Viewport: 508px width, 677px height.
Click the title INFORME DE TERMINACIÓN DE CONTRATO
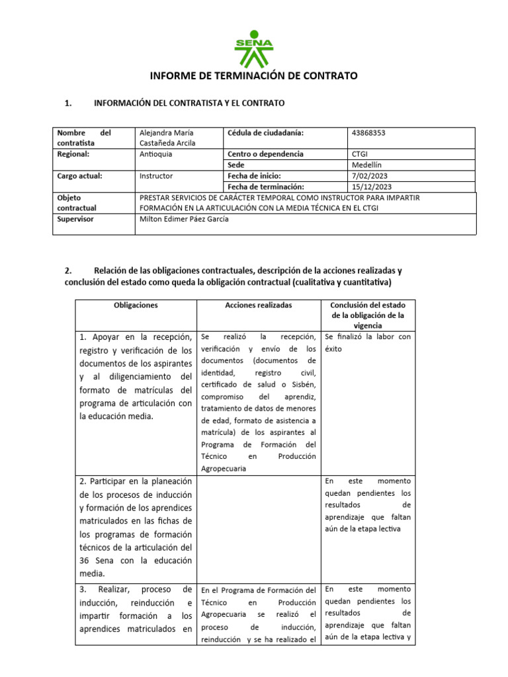coord(254,76)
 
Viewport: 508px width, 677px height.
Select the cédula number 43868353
coord(370,133)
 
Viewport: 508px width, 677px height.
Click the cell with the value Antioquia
coord(157,154)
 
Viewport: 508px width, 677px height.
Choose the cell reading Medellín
coord(368,165)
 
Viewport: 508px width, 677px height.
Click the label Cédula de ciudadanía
coord(265,133)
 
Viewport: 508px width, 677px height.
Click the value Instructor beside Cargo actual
coord(157,176)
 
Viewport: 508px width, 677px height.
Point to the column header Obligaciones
coord(136,305)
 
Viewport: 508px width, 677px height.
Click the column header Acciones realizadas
coord(259,305)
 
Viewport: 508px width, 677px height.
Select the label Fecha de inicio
coord(254,176)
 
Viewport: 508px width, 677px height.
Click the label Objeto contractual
coord(77,202)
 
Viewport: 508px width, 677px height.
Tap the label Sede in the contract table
coord(236,165)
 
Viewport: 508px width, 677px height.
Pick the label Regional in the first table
coord(73,154)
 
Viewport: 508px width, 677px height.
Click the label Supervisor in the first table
coord(76,219)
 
